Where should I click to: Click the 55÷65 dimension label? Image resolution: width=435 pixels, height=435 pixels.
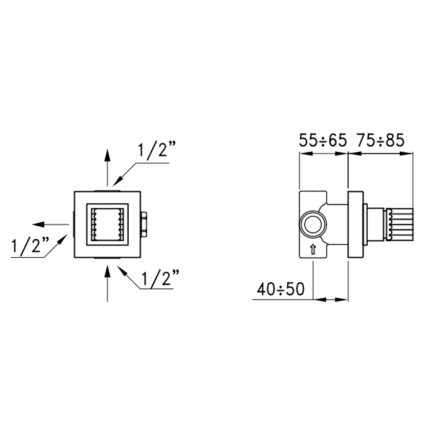click(323, 140)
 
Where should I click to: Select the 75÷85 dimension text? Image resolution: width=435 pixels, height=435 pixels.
click(380, 140)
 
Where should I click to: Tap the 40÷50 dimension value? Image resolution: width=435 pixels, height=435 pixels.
click(281, 290)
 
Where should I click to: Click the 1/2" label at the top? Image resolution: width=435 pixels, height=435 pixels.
click(157, 150)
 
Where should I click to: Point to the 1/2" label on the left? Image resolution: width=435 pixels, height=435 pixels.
click(30, 244)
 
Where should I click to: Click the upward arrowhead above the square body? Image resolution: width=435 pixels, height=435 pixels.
click(108, 155)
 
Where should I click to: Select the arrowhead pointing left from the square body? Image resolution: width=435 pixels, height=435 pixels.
click(39, 224)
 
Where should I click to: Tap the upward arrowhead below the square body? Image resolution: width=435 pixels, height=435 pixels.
click(108, 272)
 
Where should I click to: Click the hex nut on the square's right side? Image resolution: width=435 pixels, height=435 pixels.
click(144, 224)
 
